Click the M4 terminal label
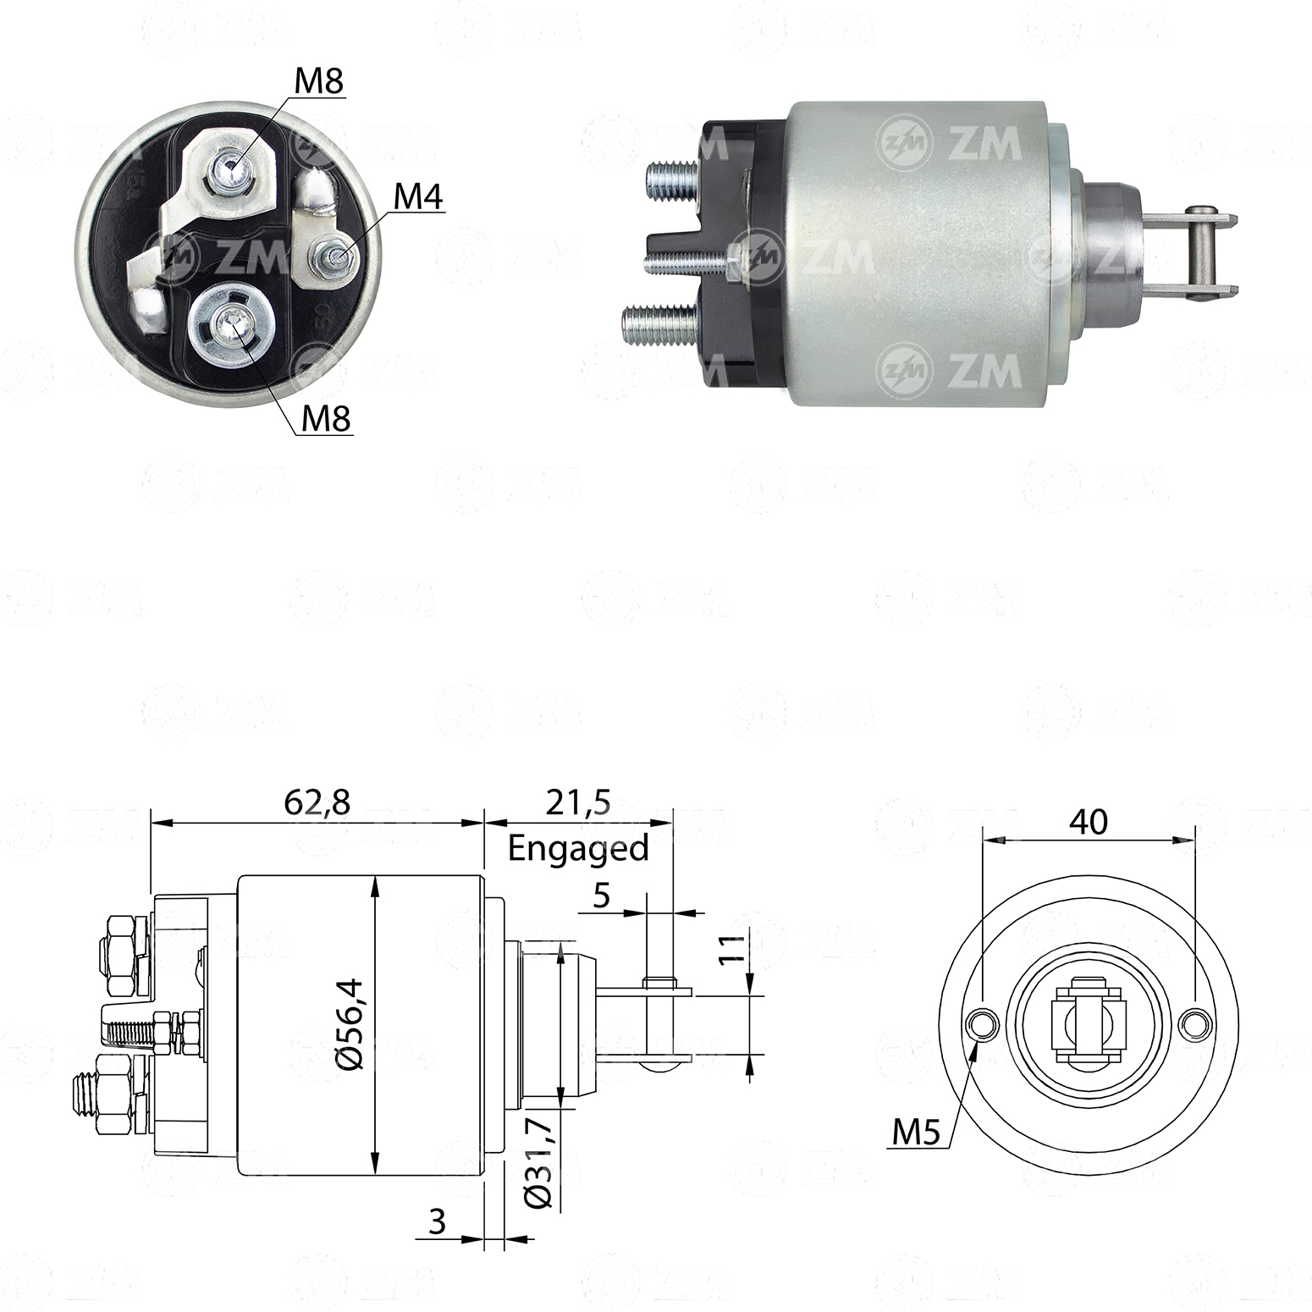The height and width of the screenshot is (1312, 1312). [x=418, y=196]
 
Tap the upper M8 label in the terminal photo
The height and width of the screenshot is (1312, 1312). [x=318, y=81]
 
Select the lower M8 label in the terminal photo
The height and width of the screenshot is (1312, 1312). [x=326, y=417]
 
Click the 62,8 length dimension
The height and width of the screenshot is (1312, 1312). [x=317, y=802]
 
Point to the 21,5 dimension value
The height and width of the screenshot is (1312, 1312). [x=578, y=802]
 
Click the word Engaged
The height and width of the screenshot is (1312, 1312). [x=578, y=847]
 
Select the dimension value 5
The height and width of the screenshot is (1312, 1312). [x=601, y=895]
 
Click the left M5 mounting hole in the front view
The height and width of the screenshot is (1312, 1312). [x=982, y=1024]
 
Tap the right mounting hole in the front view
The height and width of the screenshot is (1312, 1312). [x=1193, y=1024]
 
